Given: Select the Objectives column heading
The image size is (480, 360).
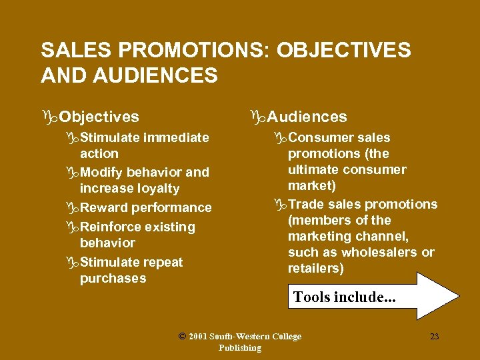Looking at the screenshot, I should point(99,117).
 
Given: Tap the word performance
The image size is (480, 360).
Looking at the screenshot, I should point(172,208).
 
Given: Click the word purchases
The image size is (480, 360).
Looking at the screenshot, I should point(113,279).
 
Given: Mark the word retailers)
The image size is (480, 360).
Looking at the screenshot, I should point(316,268).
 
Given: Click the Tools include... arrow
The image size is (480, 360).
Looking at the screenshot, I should point(373,297).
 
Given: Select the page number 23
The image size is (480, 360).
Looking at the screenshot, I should point(435,337).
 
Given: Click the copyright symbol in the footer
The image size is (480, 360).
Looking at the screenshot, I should point(183,337).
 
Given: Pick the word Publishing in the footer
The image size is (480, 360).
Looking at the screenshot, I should point(240,347).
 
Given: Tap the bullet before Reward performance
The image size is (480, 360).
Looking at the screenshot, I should point(73,208).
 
